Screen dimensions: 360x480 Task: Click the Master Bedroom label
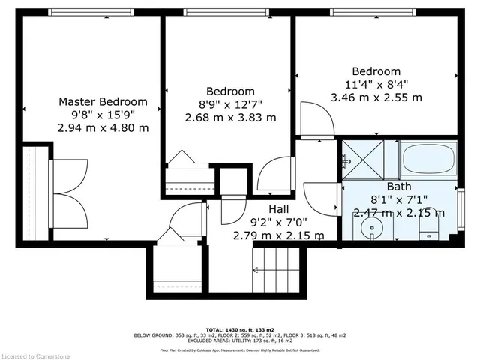click(103, 101)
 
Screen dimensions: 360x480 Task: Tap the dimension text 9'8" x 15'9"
click(103, 115)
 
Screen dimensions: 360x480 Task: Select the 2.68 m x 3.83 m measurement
click(231, 118)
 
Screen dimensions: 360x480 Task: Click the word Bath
click(399, 186)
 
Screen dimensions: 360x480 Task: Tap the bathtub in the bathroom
click(428, 160)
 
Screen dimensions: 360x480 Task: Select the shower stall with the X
click(368, 159)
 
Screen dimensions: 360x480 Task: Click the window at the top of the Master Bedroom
click(91, 11)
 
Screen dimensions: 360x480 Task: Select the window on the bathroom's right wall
click(461, 206)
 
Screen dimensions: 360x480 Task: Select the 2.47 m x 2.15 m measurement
click(399, 212)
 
